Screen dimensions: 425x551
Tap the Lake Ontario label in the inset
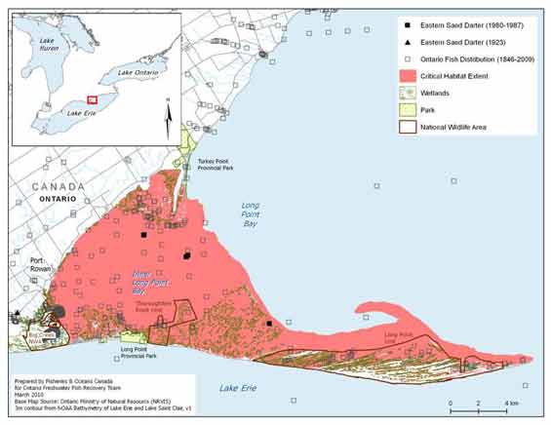tap(135, 73)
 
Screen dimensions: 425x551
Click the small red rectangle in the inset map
tap(92, 98)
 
